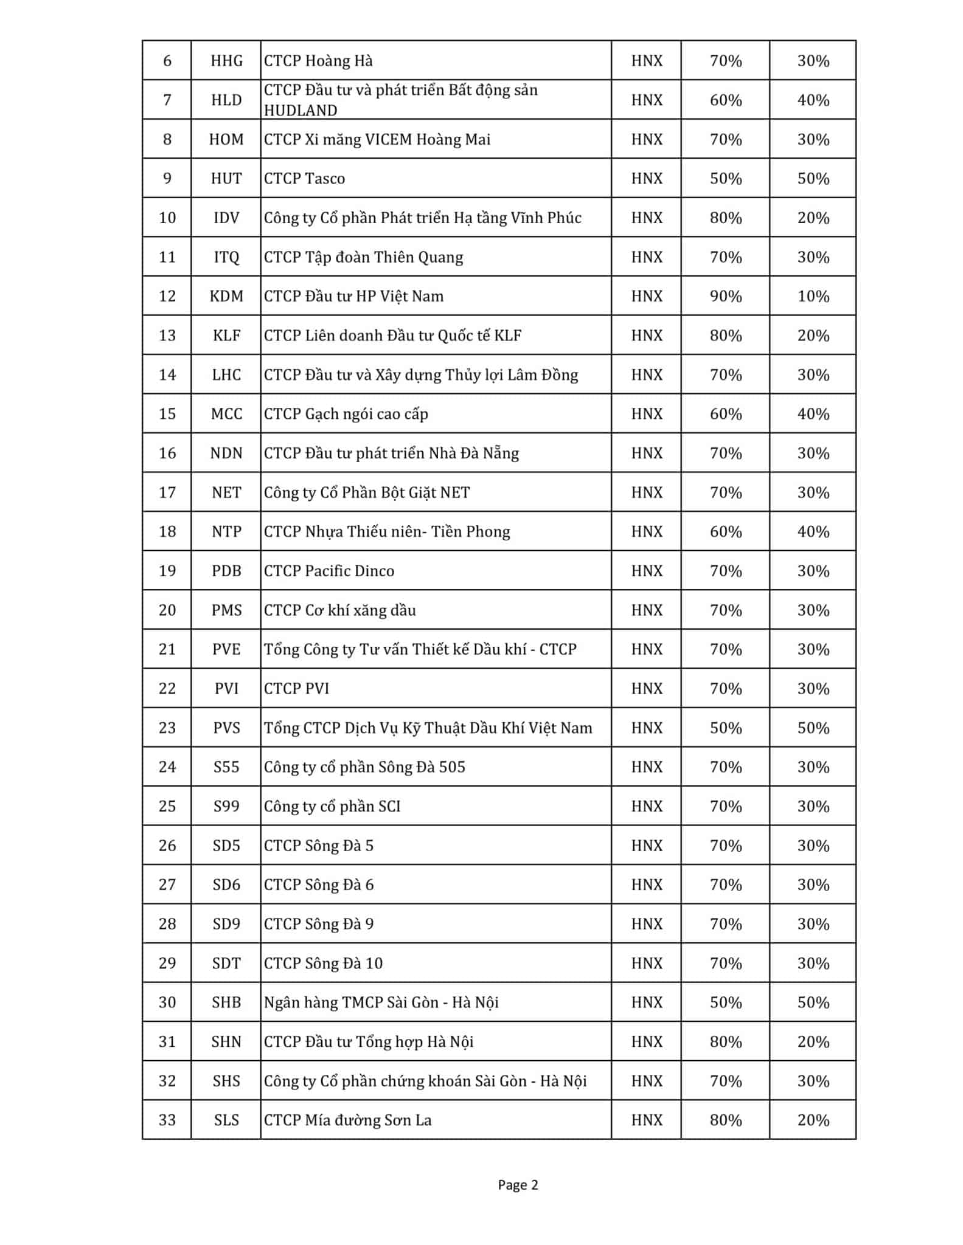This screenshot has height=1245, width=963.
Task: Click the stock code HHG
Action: click(226, 61)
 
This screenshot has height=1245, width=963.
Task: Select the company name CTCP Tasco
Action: click(304, 178)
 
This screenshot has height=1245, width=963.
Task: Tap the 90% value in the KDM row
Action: click(726, 296)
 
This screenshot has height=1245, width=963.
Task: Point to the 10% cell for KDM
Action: click(813, 296)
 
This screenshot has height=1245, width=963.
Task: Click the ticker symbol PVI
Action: click(226, 688)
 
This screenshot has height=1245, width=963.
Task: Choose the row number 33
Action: click(167, 1120)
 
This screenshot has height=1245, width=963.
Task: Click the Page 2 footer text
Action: click(518, 1185)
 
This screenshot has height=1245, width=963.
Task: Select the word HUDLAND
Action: click(301, 110)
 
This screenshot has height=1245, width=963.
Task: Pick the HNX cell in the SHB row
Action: click(647, 1002)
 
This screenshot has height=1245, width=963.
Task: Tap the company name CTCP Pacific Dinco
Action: click(329, 571)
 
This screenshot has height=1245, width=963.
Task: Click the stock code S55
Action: click(226, 767)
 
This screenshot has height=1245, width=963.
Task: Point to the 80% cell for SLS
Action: click(726, 1120)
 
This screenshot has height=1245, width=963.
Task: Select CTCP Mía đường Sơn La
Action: click(348, 1120)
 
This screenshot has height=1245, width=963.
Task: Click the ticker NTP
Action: click(226, 531)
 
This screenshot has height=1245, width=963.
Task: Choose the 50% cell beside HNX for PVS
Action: click(726, 728)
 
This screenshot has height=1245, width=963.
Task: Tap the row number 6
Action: click(167, 61)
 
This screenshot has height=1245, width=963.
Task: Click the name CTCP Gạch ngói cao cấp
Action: click(346, 414)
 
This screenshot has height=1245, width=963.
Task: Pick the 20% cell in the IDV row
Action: click(813, 218)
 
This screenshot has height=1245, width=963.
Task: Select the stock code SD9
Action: click(226, 923)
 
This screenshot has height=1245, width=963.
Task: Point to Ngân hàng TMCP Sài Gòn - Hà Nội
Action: click(381, 1002)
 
